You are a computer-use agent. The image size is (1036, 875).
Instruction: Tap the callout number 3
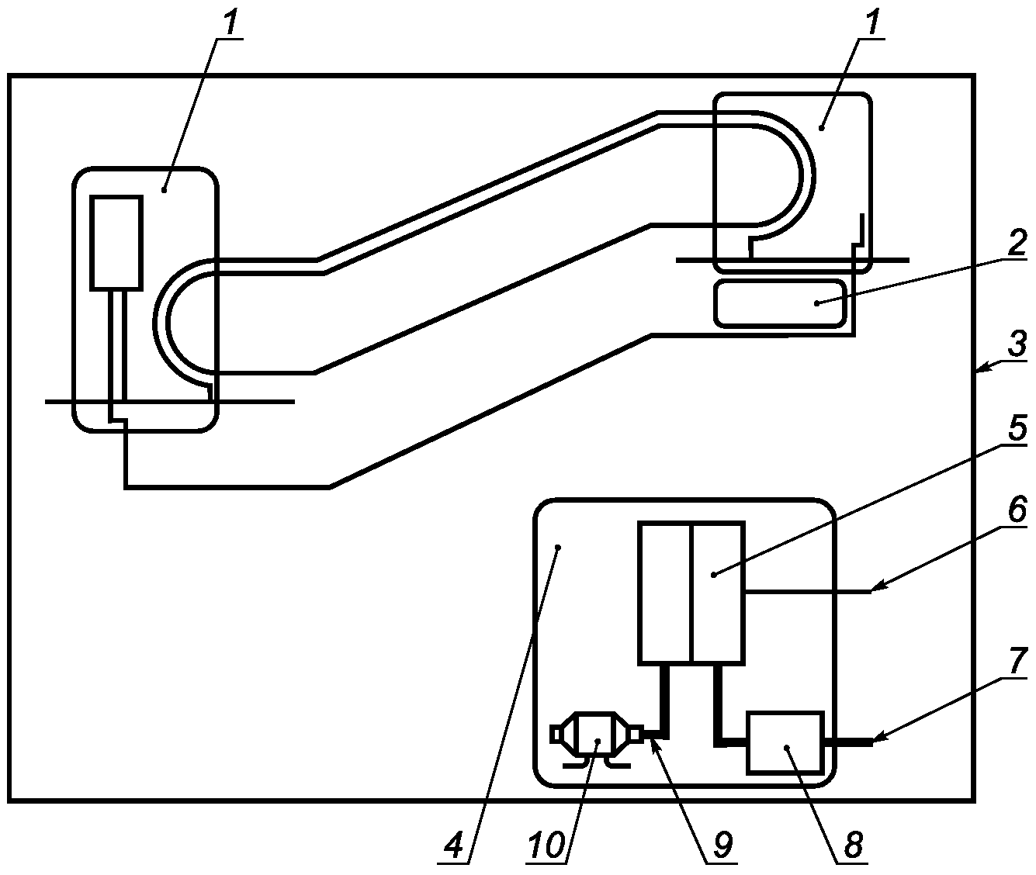(x=1017, y=344)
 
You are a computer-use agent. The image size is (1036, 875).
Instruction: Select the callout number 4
(x=454, y=845)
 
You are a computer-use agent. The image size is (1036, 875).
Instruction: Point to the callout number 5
(x=1017, y=428)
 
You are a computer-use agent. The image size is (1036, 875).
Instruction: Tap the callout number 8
(x=854, y=845)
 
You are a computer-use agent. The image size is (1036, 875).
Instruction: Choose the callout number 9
(x=723, y=845)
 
